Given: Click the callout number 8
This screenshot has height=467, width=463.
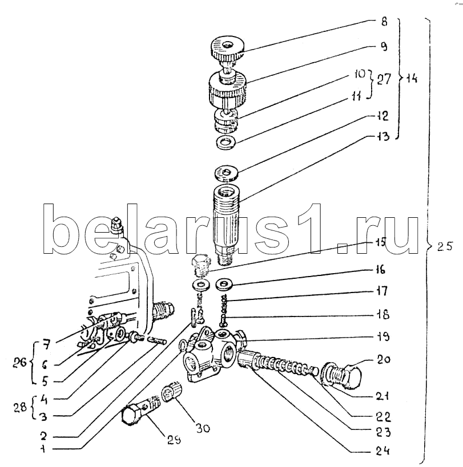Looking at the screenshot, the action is [x=384, y=22].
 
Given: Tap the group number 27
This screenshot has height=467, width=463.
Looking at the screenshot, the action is [x=384, y=79].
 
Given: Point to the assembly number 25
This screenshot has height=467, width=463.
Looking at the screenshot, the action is [x=445, y=246].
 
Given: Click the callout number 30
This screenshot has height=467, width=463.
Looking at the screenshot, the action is [x=203, y=428].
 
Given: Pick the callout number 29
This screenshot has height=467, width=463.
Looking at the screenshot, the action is [x=174, y=440].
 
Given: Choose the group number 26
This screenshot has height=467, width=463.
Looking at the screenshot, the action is [x=19, y=363].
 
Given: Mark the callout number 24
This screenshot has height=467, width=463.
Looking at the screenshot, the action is [x=383, y=451].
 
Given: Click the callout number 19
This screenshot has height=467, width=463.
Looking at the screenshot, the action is [x=383, y=337].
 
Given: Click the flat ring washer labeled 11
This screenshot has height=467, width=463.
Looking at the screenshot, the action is [x=226, y=142].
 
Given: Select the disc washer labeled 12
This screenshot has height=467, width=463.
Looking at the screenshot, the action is [x=226, y=173].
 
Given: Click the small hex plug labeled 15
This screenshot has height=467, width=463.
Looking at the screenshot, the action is [x=200, y=265].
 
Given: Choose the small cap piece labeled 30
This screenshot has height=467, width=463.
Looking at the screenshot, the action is [x=171, y=391].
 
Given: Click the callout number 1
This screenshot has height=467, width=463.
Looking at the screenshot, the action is [x=43, y=449].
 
